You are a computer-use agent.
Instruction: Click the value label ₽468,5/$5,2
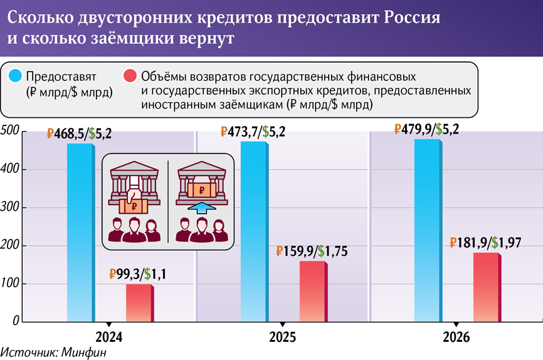click(x=83, y=134)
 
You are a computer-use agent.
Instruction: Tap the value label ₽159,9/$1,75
click(x=312, y=251)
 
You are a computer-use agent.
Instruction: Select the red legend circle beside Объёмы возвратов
click(x=129, y=77)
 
